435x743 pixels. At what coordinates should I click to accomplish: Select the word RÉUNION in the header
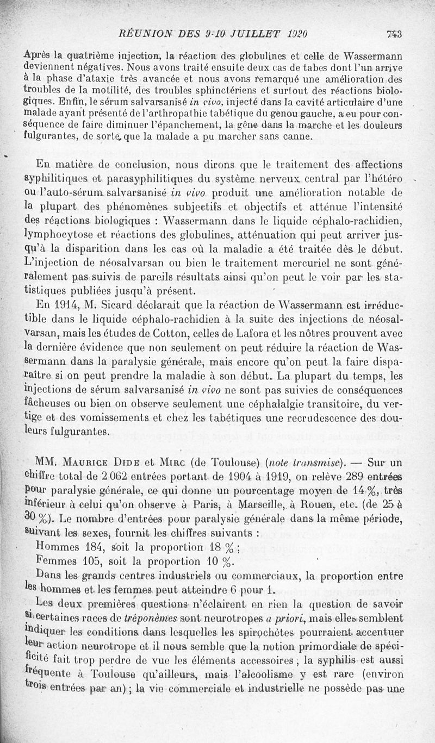pyautogui.click(x=142, y=34)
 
